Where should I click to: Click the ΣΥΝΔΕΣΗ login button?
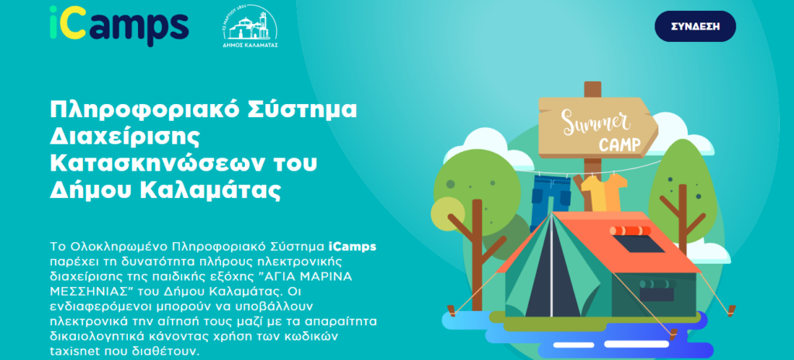(695, 26)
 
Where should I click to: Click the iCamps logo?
(119, 23)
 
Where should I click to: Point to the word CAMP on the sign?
(620, 145)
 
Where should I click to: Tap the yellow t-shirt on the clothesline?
(603, 192)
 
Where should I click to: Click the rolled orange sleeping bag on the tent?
(630, 230)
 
